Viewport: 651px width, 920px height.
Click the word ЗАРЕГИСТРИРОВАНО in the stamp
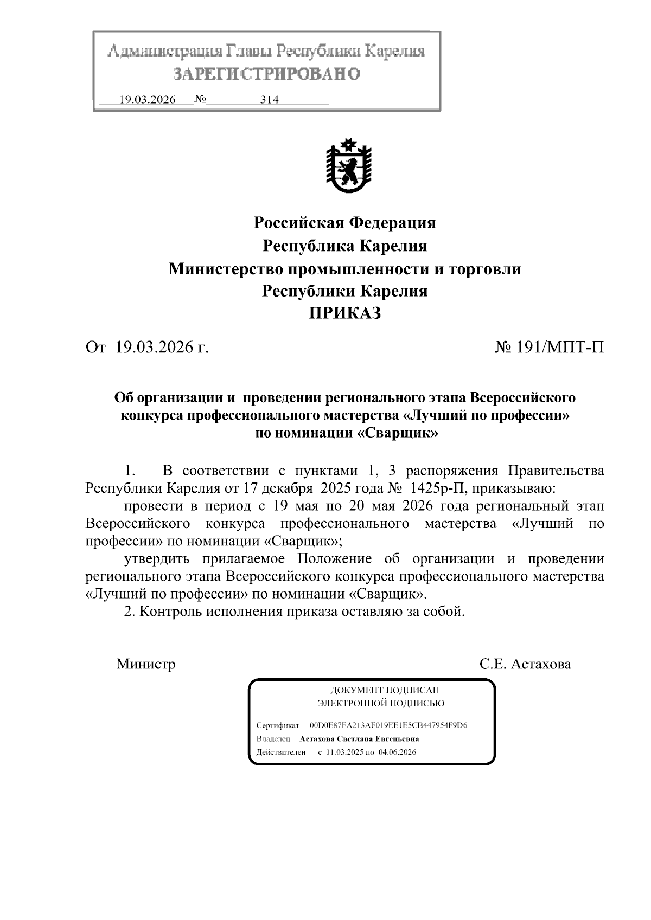[x=266, y=74]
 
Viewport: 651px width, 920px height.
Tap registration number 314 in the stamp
[x=270, y=100]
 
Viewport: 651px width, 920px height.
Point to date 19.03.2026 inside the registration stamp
[x=148, y=100]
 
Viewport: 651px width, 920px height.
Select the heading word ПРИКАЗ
[x=345, y=313]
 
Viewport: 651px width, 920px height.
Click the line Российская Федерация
[x=345, y=222]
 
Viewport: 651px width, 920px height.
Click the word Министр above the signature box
[x=146, y=664]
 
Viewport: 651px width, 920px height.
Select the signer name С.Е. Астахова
[x=525, y=664]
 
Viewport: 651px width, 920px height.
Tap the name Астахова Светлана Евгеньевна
[x=359, y=739]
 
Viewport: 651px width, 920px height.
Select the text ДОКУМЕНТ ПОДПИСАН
[x=385, y=690]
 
